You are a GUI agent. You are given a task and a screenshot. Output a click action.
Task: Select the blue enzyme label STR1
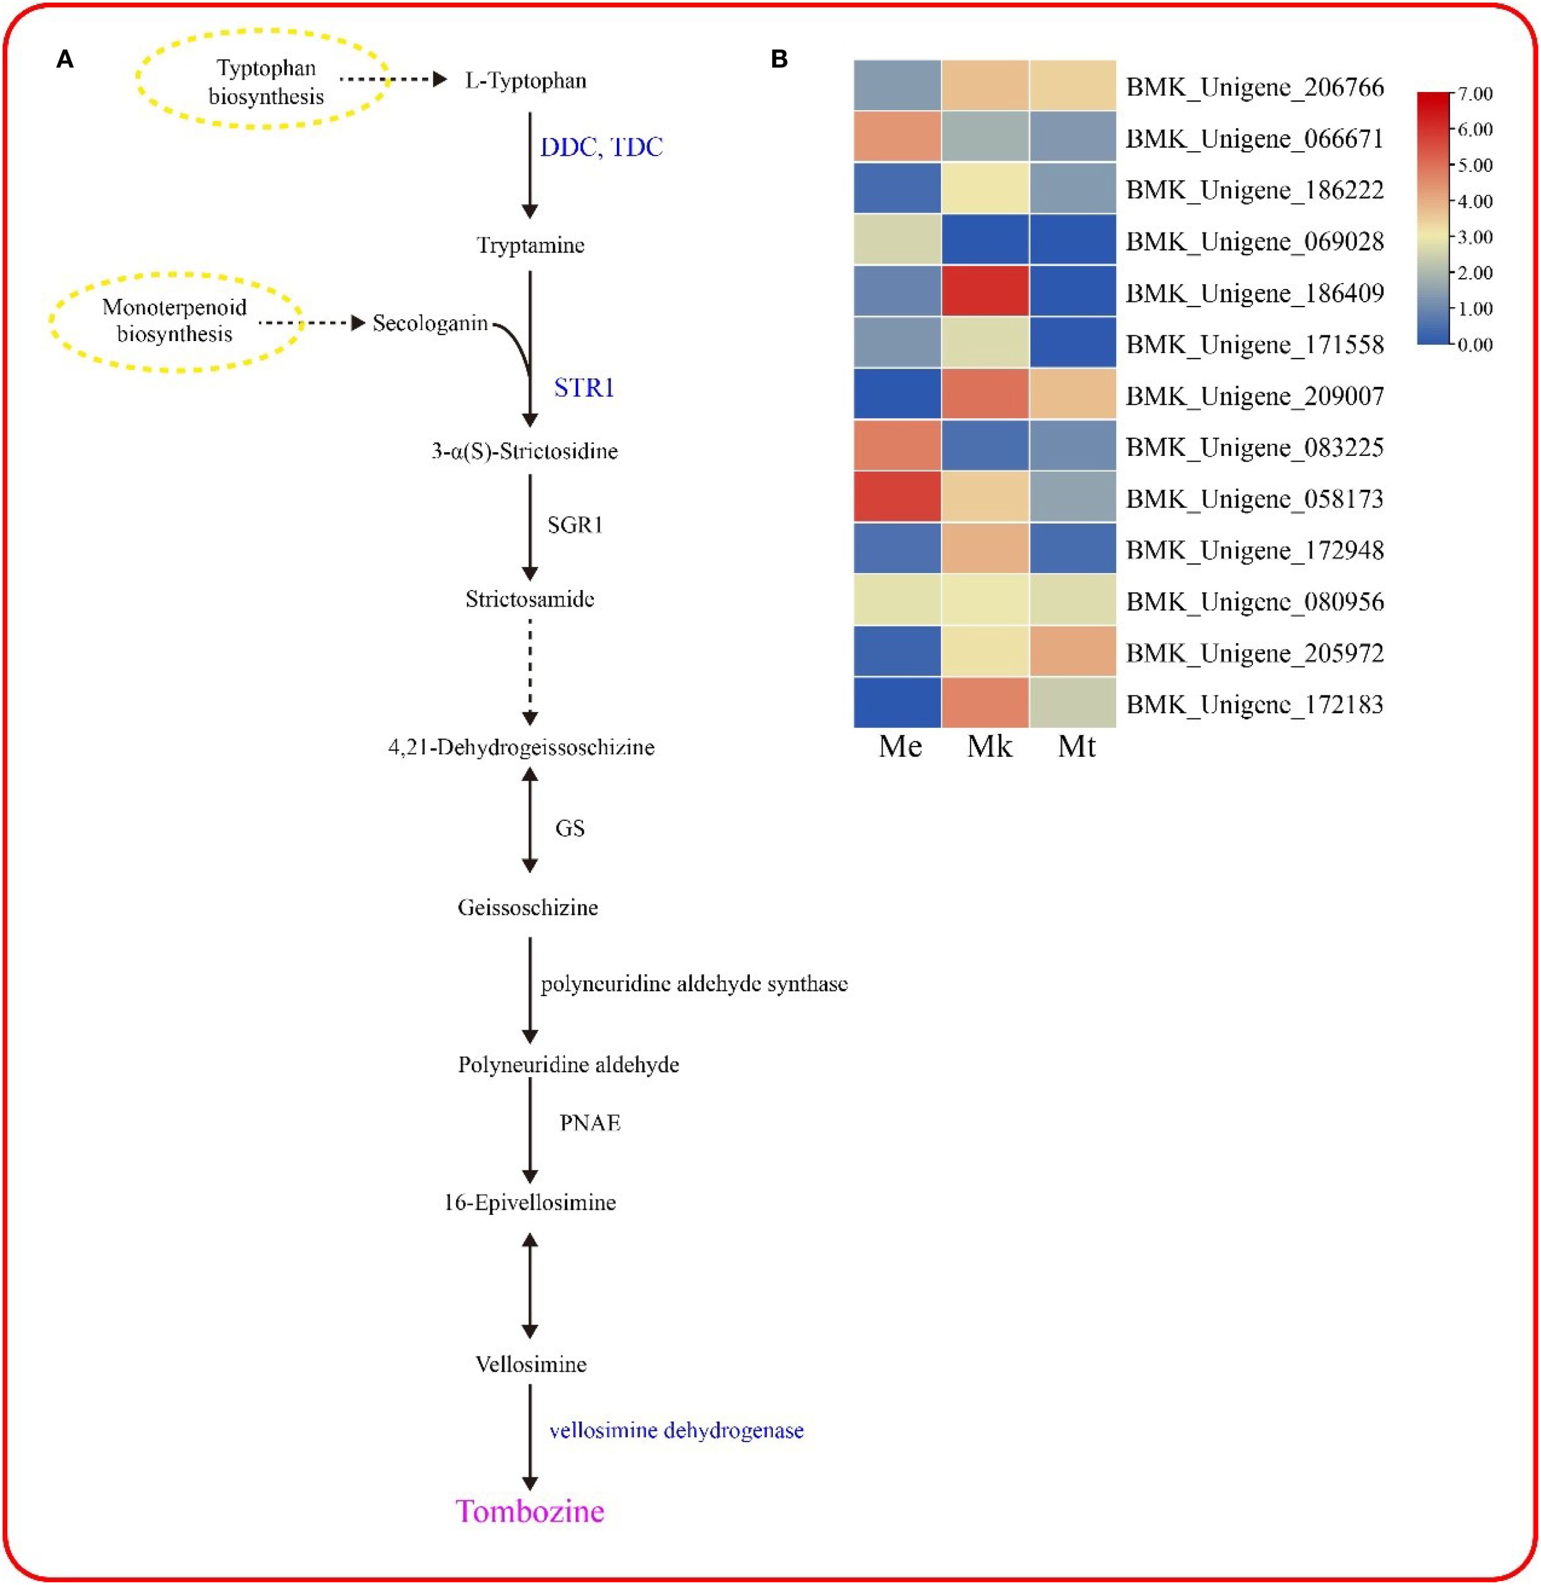click(583, 389)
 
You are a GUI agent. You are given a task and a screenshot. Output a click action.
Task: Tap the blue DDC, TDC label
click(601, 147)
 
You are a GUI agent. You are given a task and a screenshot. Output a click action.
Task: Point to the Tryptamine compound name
click(530, 245)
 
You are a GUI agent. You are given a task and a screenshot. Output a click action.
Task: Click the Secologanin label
click(430, 324)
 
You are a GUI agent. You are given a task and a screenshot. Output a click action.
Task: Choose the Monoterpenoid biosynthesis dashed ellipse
click(175, 321)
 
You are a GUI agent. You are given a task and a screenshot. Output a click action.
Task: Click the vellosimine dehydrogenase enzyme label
click(676, 1431)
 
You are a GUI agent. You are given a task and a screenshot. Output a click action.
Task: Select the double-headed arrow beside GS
click(530, 819)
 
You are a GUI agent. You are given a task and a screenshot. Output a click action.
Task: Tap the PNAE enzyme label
click(590, 1123)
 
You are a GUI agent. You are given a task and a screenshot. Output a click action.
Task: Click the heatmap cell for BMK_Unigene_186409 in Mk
click(985, 292)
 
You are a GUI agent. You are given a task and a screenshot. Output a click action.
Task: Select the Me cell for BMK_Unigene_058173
click(897, 498)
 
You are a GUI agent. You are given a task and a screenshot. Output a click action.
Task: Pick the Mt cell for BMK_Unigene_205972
click(1072, 652)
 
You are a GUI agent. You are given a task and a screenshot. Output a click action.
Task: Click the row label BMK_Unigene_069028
click(1255, 241)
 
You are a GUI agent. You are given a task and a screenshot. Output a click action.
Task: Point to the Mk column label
click(989, 746)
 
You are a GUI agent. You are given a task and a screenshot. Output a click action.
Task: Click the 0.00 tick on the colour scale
click(1475, 345)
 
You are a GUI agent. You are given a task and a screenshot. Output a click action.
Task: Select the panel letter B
click(779, 59)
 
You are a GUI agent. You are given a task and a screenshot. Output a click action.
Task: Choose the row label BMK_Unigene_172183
click(1255, 704)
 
